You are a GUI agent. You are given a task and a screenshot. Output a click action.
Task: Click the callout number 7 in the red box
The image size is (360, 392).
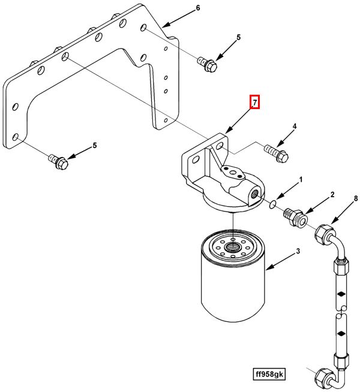pyautogui.click(x=255, y=102)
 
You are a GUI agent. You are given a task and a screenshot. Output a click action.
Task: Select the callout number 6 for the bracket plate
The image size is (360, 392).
pyautogui.click(x=198, y=8)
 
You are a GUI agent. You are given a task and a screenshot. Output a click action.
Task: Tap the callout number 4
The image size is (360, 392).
pyautogui.click(x=295, y=126)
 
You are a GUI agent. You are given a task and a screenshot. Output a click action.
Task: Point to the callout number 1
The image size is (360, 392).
pyautogui.click(x=301, y=180)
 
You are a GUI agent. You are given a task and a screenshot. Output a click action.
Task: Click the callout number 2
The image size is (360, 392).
pyautogui.click(x=332, y=195)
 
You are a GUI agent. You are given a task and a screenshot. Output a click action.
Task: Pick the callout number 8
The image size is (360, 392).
pyautogui.click(x=356, y=198)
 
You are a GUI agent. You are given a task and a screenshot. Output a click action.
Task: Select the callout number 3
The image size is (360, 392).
pyautogui.click(x=298, y=251)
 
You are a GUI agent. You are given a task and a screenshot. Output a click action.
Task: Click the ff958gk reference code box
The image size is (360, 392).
pyautogui.click(x=269, y=374)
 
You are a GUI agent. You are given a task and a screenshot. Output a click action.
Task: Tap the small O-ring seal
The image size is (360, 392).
pyautogui.click(x=272, y=204)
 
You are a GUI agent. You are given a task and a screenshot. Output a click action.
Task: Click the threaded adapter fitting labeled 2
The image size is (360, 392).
pyautogui.click(x=295, y=218)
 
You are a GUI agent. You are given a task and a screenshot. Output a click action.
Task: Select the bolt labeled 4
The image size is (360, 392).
pyautogui.click(x=277, y=153)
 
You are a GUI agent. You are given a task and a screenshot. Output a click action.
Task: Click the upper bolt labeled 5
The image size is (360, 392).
pyautogui.click(x=207, y=65)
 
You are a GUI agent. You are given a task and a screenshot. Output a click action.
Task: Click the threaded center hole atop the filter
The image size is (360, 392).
pyautogui.click(x=233, y=248)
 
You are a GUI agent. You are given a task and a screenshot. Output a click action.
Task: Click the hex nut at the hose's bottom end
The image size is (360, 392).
pyautogui.click(x=324, y=378)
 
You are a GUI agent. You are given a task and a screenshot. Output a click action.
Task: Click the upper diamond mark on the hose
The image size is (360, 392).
pyautogui.click(x=341, y=294)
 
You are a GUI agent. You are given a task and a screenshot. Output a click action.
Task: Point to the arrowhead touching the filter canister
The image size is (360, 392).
pyautogui.click(x=268, y=268)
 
